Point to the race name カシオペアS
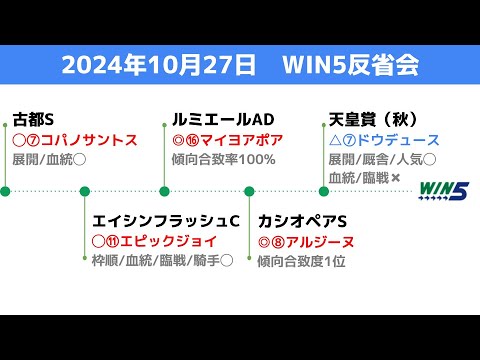[302, 221]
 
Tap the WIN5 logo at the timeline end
[443, 190]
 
